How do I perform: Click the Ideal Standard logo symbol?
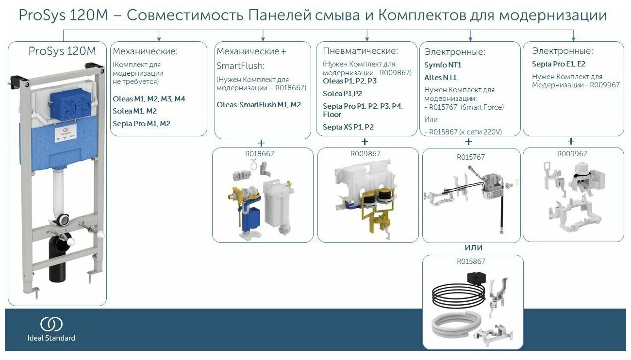tap(51, 324)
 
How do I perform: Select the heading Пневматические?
tap(360, 51)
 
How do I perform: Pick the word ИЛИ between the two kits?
tap(473, 248)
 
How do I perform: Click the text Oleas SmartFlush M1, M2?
tap(259, 105)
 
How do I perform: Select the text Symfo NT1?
tap(443, 65)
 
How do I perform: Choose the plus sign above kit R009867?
tap(365, 142)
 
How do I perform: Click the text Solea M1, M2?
tap(134, 111)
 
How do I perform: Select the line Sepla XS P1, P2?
tap(348, 127)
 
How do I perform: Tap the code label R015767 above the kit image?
tap(470, 157)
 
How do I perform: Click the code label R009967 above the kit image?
tap(573, 154)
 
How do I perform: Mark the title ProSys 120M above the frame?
tap(62, 51)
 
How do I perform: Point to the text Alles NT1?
tap(440, 77)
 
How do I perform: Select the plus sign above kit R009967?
tap(571, 142)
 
